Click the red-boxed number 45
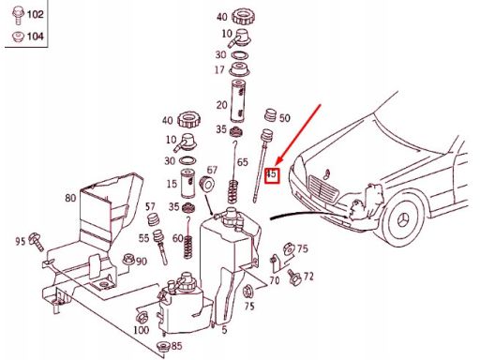click(272, 174)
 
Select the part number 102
click(36, 15)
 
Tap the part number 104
click(36, 37)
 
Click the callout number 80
click(70, 198)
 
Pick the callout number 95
click(20, 241)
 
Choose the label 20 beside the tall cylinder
click(222, 105)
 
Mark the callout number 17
click(219, 69)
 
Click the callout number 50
click(284, 118)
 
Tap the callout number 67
click(212, 170)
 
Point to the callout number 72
click(308, 277)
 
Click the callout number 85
click(176, 346)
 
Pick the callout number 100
click(142, 329)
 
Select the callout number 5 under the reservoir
click(224, 329)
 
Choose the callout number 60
click(178, 238)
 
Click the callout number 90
click(141, 261)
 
